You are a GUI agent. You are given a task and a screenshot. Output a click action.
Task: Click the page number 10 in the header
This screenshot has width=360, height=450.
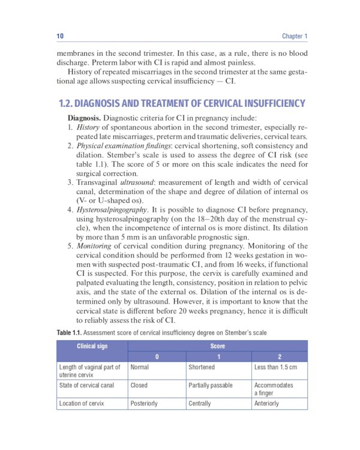coord(60,37)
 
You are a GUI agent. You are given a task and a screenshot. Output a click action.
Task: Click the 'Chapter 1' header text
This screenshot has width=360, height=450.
coord(295,37)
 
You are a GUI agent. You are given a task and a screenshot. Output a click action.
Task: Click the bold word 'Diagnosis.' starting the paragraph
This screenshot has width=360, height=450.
coord(84,118)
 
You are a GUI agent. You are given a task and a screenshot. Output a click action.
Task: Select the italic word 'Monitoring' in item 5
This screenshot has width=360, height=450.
coord(95,246)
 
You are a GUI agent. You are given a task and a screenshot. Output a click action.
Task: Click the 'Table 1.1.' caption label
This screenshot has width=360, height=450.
coord(69,332)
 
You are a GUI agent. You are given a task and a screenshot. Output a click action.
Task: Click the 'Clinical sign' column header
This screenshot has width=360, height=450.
coord(92,346)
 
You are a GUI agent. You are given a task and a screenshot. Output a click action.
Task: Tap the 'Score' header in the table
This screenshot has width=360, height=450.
coord(217,346)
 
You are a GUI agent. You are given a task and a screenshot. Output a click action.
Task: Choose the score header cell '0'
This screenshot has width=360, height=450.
coord(157,357)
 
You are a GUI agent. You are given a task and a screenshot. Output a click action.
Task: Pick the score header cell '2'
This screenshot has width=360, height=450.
coord(279,357)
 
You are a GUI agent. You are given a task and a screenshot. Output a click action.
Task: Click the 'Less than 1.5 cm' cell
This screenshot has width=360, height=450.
coord(275,367)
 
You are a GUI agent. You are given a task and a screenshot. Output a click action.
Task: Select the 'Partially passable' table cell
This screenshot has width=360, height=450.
coord(210,385)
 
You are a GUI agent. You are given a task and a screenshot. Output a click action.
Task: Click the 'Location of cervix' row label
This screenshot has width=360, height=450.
coord(82,404)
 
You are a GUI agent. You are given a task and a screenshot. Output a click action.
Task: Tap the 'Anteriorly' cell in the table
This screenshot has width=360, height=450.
coord(266,404)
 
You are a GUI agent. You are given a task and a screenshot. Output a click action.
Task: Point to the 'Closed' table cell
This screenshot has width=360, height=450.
coord(139,385)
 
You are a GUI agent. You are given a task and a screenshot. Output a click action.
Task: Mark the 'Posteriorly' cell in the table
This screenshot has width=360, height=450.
coord(144,404)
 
